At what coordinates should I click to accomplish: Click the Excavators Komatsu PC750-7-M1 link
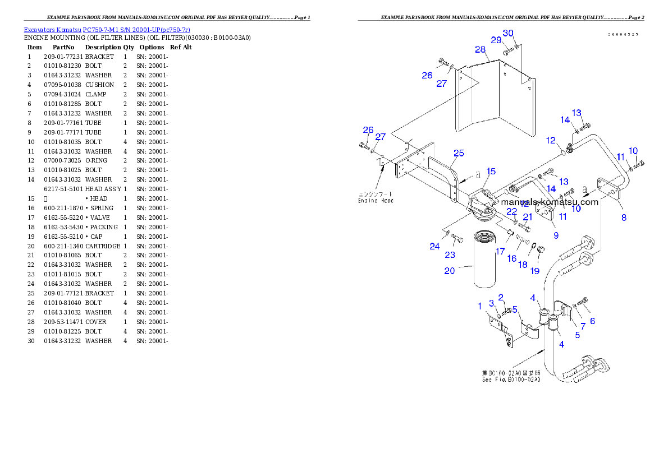pos(107,30)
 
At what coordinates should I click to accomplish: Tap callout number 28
pos(480,49)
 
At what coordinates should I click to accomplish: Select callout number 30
pos(507,33)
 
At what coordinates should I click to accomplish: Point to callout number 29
pos(496,40)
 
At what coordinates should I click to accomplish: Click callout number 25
pos(459,153)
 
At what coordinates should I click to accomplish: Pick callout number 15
pos(491,172)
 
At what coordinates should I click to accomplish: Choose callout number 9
pos(556,235)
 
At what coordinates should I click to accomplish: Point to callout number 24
pos(434,246)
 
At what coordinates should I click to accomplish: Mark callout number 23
pos(450,254)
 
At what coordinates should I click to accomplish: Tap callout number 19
pos(534,271)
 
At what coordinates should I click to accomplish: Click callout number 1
pos(480,306)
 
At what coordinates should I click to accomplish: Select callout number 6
pos(592,321)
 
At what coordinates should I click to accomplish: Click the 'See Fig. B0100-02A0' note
pos(510,376)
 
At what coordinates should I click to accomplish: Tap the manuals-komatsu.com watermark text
pos(550,202)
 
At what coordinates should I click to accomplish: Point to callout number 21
pos(527,217)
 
